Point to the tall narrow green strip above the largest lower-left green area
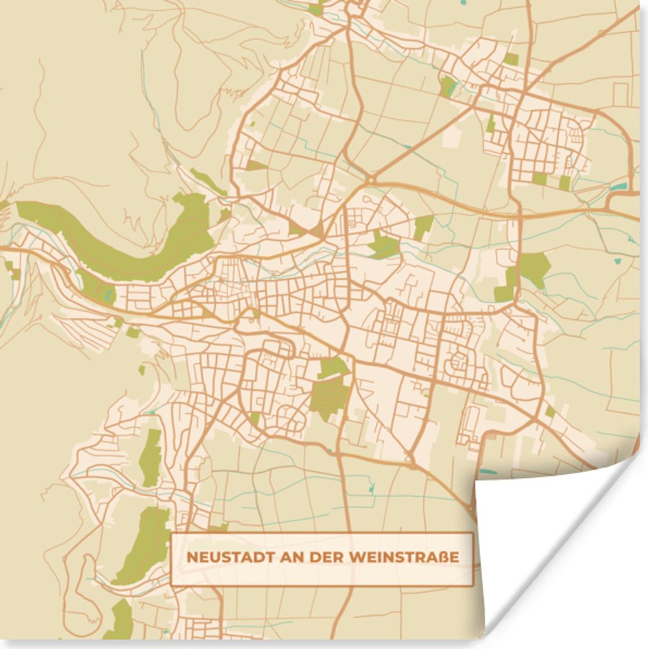click(150, 456)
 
